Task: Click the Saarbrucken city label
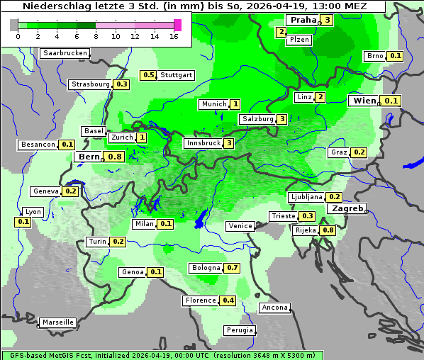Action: (x=65, y=53)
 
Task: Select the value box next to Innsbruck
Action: (x=229, y=143)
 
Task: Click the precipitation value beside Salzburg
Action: (x=282, y=119)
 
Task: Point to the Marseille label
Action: (x=58, y=322)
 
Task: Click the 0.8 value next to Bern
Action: (x=115, y=156)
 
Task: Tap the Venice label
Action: (x=240, y=226)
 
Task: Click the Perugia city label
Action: (x=239, y=330)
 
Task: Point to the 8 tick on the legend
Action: (x=96, y=36)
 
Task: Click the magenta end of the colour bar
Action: (x=177, y=25)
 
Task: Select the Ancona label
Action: (x=274, y=308)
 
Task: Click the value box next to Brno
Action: (x=395, y=56)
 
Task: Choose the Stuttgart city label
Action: (x=177, y=75)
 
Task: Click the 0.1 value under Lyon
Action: (x=23, y=222)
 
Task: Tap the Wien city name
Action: (x=364, y=101)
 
